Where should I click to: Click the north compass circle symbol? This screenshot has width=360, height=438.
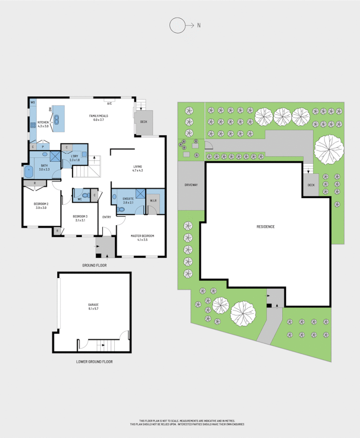[176, 25]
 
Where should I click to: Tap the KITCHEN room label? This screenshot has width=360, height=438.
[43, 122]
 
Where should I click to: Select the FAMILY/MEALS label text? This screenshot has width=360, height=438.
[98, 116]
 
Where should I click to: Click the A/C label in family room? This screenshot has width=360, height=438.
[109, 103]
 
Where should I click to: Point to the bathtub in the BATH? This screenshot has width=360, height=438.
[29, 170]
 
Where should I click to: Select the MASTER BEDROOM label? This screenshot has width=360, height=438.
[142, 236]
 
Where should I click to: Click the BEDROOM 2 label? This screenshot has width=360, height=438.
[42, 204]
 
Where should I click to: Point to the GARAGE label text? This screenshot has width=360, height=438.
[93, 305]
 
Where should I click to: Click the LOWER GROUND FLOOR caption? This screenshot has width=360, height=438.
[94, 362]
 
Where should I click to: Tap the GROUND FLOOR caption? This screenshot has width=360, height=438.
[94, 265]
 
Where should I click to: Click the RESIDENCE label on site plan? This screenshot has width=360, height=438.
[265, 227]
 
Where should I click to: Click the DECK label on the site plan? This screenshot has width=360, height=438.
[311, 184]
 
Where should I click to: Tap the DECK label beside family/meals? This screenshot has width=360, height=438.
[144, 122]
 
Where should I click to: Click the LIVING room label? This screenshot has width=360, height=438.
[137, 167]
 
